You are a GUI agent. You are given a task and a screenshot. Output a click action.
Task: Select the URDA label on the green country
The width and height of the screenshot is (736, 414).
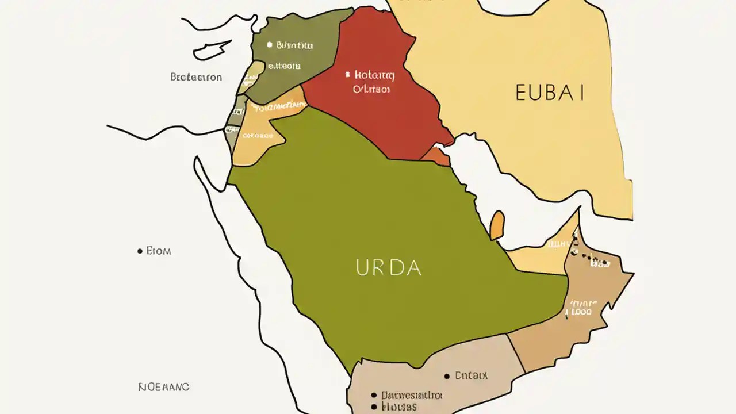389,268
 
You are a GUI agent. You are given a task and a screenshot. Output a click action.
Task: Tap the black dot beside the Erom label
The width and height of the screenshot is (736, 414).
140,251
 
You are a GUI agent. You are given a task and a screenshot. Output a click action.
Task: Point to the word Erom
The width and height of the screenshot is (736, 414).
159,251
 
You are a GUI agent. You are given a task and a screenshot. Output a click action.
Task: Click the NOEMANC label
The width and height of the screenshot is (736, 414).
164,387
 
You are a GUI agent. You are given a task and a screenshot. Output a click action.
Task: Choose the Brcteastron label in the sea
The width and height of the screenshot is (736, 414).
196,76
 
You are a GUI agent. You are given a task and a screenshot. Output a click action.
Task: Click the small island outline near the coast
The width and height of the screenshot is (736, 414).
213,50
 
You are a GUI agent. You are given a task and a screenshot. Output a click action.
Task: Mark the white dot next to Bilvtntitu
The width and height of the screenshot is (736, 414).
269,44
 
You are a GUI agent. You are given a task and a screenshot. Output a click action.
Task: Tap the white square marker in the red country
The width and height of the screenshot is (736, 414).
347,74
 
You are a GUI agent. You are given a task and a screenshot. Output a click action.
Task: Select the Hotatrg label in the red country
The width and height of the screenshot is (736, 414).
374,75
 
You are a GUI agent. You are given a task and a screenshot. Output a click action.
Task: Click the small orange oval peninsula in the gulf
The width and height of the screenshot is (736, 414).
497,225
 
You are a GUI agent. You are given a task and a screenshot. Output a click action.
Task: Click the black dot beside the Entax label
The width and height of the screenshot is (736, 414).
447,376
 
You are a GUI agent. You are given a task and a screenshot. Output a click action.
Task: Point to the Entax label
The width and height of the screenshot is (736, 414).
471,375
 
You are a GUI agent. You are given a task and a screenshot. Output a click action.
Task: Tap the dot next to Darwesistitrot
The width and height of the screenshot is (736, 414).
374,396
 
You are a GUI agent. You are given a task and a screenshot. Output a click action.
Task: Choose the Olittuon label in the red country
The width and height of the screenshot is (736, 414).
371,90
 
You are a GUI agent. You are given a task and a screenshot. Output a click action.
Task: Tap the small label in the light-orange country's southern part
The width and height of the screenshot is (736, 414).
257,136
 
